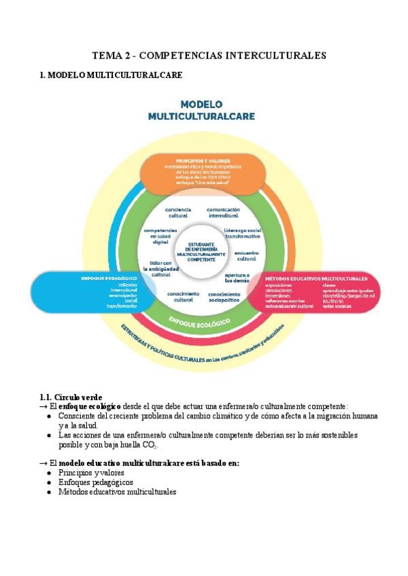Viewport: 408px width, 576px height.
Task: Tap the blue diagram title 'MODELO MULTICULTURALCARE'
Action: (201, 111)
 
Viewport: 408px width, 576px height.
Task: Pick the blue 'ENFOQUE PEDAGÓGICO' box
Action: (88, 292)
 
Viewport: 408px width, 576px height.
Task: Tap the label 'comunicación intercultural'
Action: (224, 213)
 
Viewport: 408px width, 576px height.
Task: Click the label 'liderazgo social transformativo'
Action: (243, 233)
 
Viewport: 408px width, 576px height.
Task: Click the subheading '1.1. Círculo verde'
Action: (71, 396)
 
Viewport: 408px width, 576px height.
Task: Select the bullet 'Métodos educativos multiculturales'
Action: (117, 491)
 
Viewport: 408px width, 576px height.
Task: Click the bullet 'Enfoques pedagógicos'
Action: (95, 482)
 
